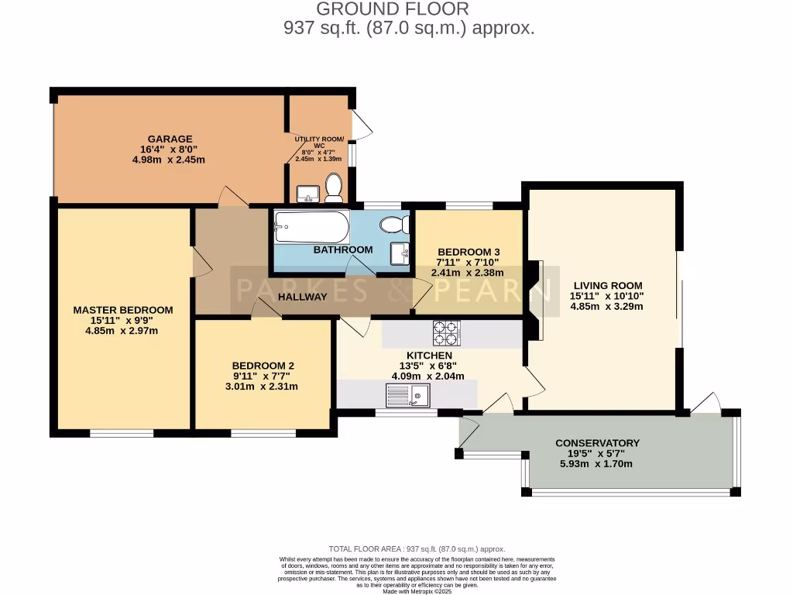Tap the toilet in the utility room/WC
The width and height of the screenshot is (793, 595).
point(334,187)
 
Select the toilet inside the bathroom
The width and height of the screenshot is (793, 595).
point(395,225)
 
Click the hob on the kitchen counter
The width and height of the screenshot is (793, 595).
point(446,332)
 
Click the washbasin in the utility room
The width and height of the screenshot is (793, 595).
point(307,193)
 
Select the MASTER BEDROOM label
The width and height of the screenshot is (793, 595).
point(123,310)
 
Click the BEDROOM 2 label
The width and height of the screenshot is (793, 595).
point(263,366)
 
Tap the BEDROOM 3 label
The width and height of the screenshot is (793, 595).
point(469,252)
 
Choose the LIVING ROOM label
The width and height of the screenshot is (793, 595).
point(606,284)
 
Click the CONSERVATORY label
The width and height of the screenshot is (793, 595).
point(597,443)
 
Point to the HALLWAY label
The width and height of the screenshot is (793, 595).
point(302,297)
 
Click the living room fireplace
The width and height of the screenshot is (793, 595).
point(535,300)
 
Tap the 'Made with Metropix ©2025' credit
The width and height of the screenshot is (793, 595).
point(418,591)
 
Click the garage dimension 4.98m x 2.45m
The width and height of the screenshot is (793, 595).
point(168,160)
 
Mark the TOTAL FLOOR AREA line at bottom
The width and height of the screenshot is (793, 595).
point(417,549)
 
